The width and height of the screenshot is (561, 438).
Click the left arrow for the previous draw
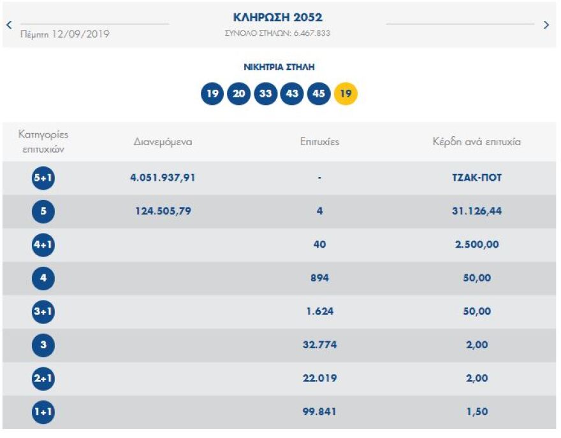click(x=9, y=25)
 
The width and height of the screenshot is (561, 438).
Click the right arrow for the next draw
click(x=546, y=25)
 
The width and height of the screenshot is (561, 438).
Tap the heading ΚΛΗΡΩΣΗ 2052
click(x=278, y=17)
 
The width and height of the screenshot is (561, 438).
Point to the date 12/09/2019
click(x=82, y=34)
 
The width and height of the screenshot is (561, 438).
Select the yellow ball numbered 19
click(x=346, y=94)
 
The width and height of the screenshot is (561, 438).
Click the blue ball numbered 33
click(x=265, y=94)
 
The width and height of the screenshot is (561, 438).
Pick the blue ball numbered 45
click(x=318, y=94)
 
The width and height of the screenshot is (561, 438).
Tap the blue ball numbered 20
click(x=238, y=94)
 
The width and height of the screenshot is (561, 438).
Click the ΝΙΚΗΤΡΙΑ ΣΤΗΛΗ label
click(x=279, y=67)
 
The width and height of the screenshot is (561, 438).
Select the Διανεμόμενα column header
click(x=163, y=142)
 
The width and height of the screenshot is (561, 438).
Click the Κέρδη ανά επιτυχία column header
click(x=476, y=142)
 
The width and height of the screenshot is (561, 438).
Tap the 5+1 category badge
click(x=43, y=178)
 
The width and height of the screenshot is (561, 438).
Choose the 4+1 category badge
click(x=43, y=245)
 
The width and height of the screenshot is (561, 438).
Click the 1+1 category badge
click(x=43, y=412)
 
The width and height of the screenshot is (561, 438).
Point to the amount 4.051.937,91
click(x=163, y=178)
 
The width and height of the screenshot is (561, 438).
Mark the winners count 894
click(x=319, y=278)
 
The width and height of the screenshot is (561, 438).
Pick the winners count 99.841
click(x=319, y=412)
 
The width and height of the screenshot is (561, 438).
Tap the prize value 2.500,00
click(x=476, y=245)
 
